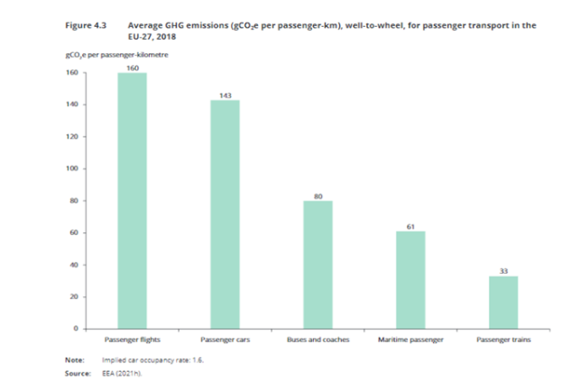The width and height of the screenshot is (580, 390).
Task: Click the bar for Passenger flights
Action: coord(133,200)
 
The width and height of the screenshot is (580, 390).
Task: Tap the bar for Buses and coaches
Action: coord(318,264)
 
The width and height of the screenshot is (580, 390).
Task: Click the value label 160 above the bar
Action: coord(133,68)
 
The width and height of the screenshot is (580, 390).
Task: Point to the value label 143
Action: coord(226,95)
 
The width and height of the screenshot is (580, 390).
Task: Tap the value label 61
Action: coord(410,226)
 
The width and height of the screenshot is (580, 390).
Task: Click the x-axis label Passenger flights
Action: coord(133,341)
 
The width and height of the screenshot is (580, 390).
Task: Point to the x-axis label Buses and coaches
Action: coord(318,341)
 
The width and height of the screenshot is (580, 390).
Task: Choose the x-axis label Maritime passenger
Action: coord(410,341)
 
